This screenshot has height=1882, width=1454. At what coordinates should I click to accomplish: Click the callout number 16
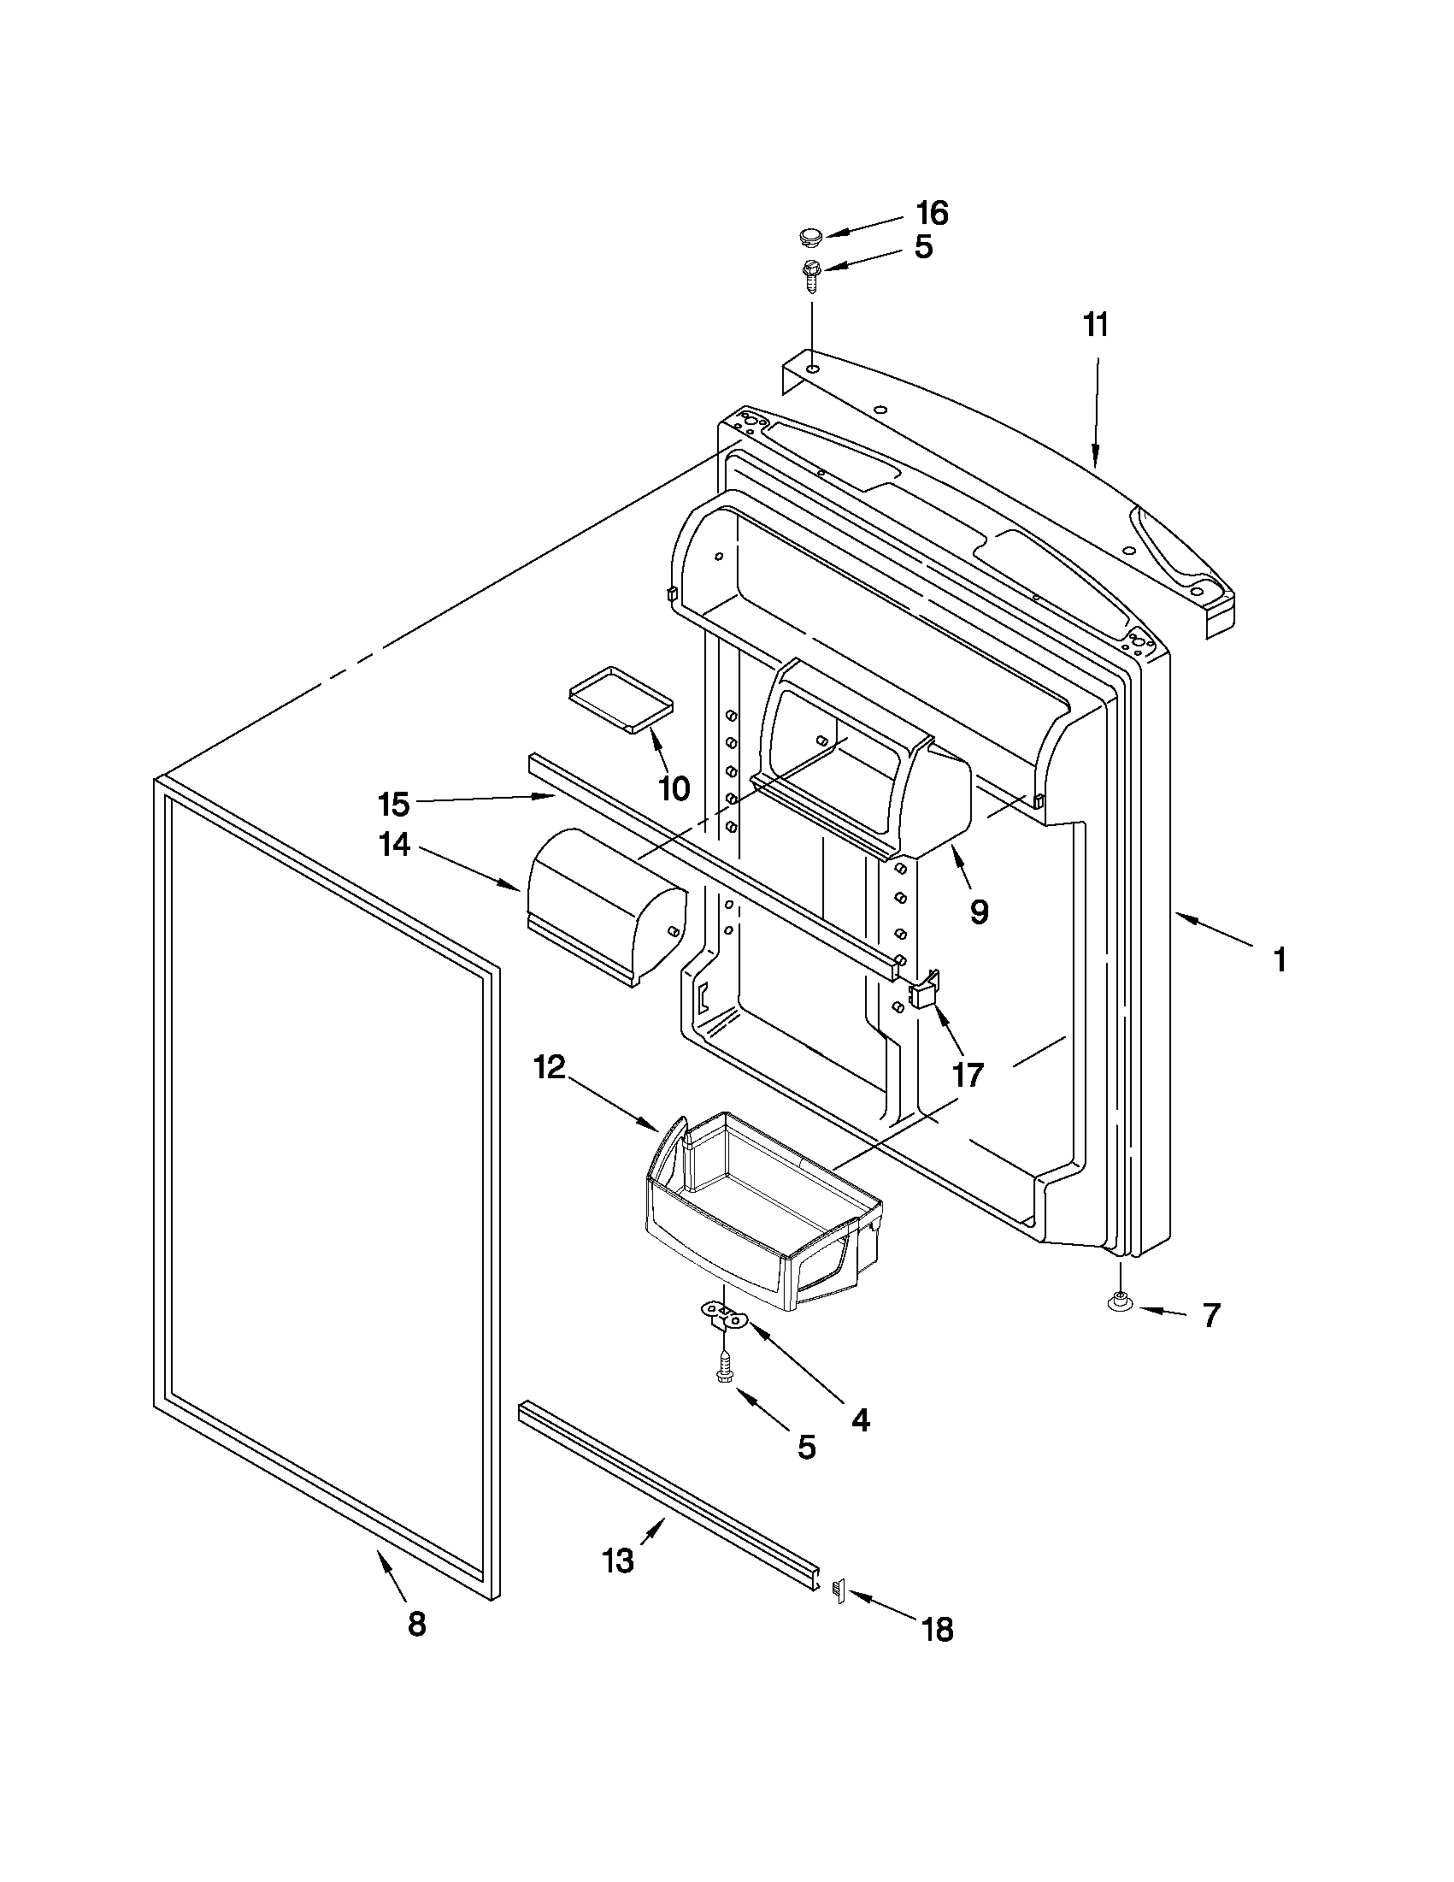932,213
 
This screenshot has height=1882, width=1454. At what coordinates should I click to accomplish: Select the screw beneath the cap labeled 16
810,273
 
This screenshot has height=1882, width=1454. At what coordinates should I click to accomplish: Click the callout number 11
1096,326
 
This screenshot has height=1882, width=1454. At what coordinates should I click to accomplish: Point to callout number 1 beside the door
1280,959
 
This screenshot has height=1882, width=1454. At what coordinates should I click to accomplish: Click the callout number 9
979,911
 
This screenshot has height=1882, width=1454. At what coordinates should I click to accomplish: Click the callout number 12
549,1068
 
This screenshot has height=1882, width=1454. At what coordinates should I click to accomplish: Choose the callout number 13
619,1560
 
